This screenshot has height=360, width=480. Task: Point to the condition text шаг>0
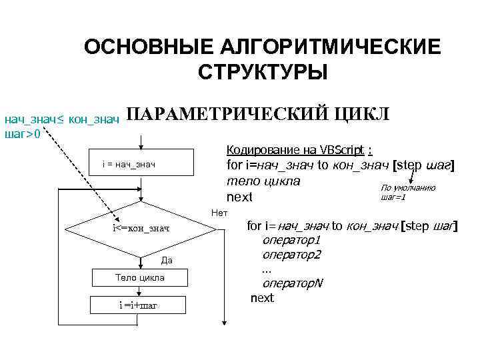click(x=22, y=134)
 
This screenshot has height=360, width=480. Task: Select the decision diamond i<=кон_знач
click(x=141, y=229)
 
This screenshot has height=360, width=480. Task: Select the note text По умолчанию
click(x=408, y=188)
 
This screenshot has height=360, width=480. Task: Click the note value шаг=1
click(x=393, y=197)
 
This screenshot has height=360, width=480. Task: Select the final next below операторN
click(x=262, y=298)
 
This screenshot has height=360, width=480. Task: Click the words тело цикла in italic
click(x=263, y=181)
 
